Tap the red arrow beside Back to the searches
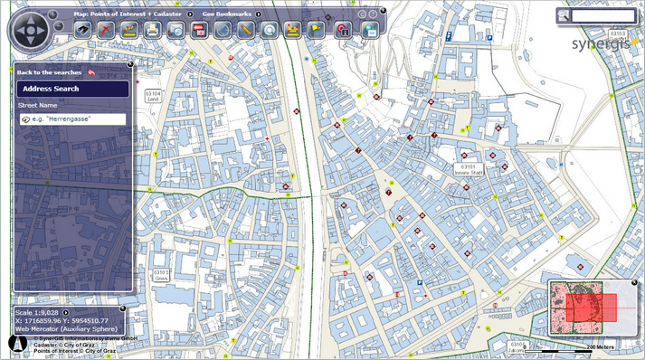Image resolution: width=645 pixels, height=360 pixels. pyautogui.click(x=91, y=71)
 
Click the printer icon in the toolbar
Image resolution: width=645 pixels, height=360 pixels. pyautogui.click(x=152, y=31)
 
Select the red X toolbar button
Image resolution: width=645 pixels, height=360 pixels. pyautogui.click(x=106, y=31)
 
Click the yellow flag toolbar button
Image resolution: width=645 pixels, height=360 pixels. pyautogui.click(x=317, y=31)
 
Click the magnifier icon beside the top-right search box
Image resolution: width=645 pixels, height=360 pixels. pyautogui.click(x=563, y=15)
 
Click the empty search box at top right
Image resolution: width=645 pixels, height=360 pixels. pyautogui.click(x=603, y=15)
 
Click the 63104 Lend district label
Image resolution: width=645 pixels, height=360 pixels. pyautogui.click(x=153, y=95)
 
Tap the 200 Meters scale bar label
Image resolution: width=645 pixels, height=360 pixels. pyautogui.click(x=601, y=347)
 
